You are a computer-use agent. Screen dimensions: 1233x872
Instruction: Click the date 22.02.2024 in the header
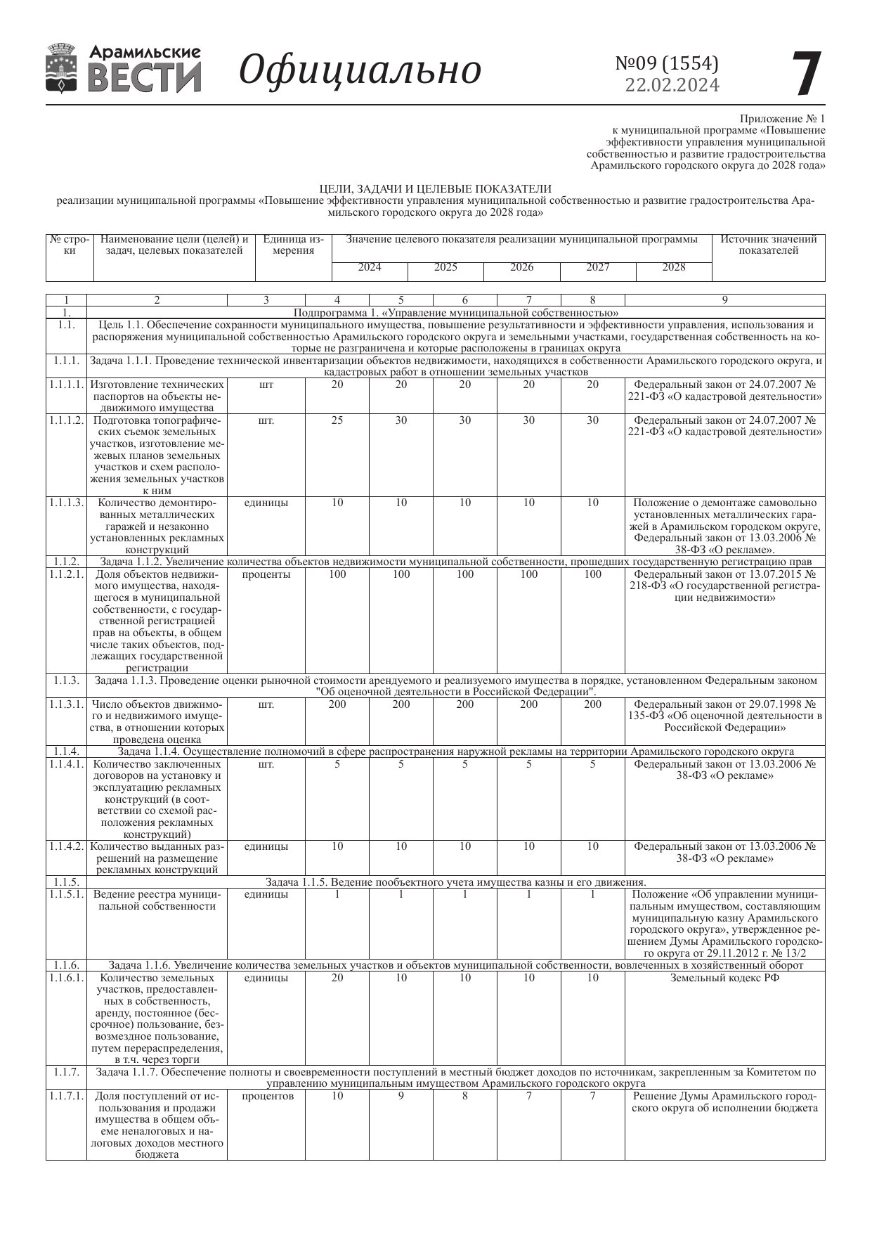click(672, 85)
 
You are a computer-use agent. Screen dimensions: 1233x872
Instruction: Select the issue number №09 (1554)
click(667, 63)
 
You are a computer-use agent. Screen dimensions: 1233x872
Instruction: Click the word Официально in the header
click(360, 70)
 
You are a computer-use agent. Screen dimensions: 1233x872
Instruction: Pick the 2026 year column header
click(521, 267)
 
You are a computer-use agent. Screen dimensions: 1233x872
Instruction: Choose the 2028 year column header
click(673, 267)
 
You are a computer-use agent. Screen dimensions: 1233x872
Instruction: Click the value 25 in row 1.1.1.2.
click(337, 420)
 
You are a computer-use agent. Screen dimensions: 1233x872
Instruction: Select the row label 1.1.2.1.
click(67, 574)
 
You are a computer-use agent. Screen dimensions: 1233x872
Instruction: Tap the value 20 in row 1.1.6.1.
click(337, 978)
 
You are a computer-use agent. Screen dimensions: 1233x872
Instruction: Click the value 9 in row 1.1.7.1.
click(401, 1096)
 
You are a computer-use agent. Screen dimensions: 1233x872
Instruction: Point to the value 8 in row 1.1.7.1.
click(465, 1096)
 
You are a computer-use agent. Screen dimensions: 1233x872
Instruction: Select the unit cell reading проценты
click(266, 574)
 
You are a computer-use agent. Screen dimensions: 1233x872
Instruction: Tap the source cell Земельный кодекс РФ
click(724, 978)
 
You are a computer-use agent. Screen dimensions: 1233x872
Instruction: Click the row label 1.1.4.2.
click(67, 846)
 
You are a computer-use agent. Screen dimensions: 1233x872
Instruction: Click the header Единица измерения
click(293, 245)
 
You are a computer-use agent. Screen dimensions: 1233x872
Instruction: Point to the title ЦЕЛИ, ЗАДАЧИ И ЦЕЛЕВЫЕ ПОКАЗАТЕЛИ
click(435, 189)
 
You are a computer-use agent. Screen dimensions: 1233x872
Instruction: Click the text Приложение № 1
click(782, 119)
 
